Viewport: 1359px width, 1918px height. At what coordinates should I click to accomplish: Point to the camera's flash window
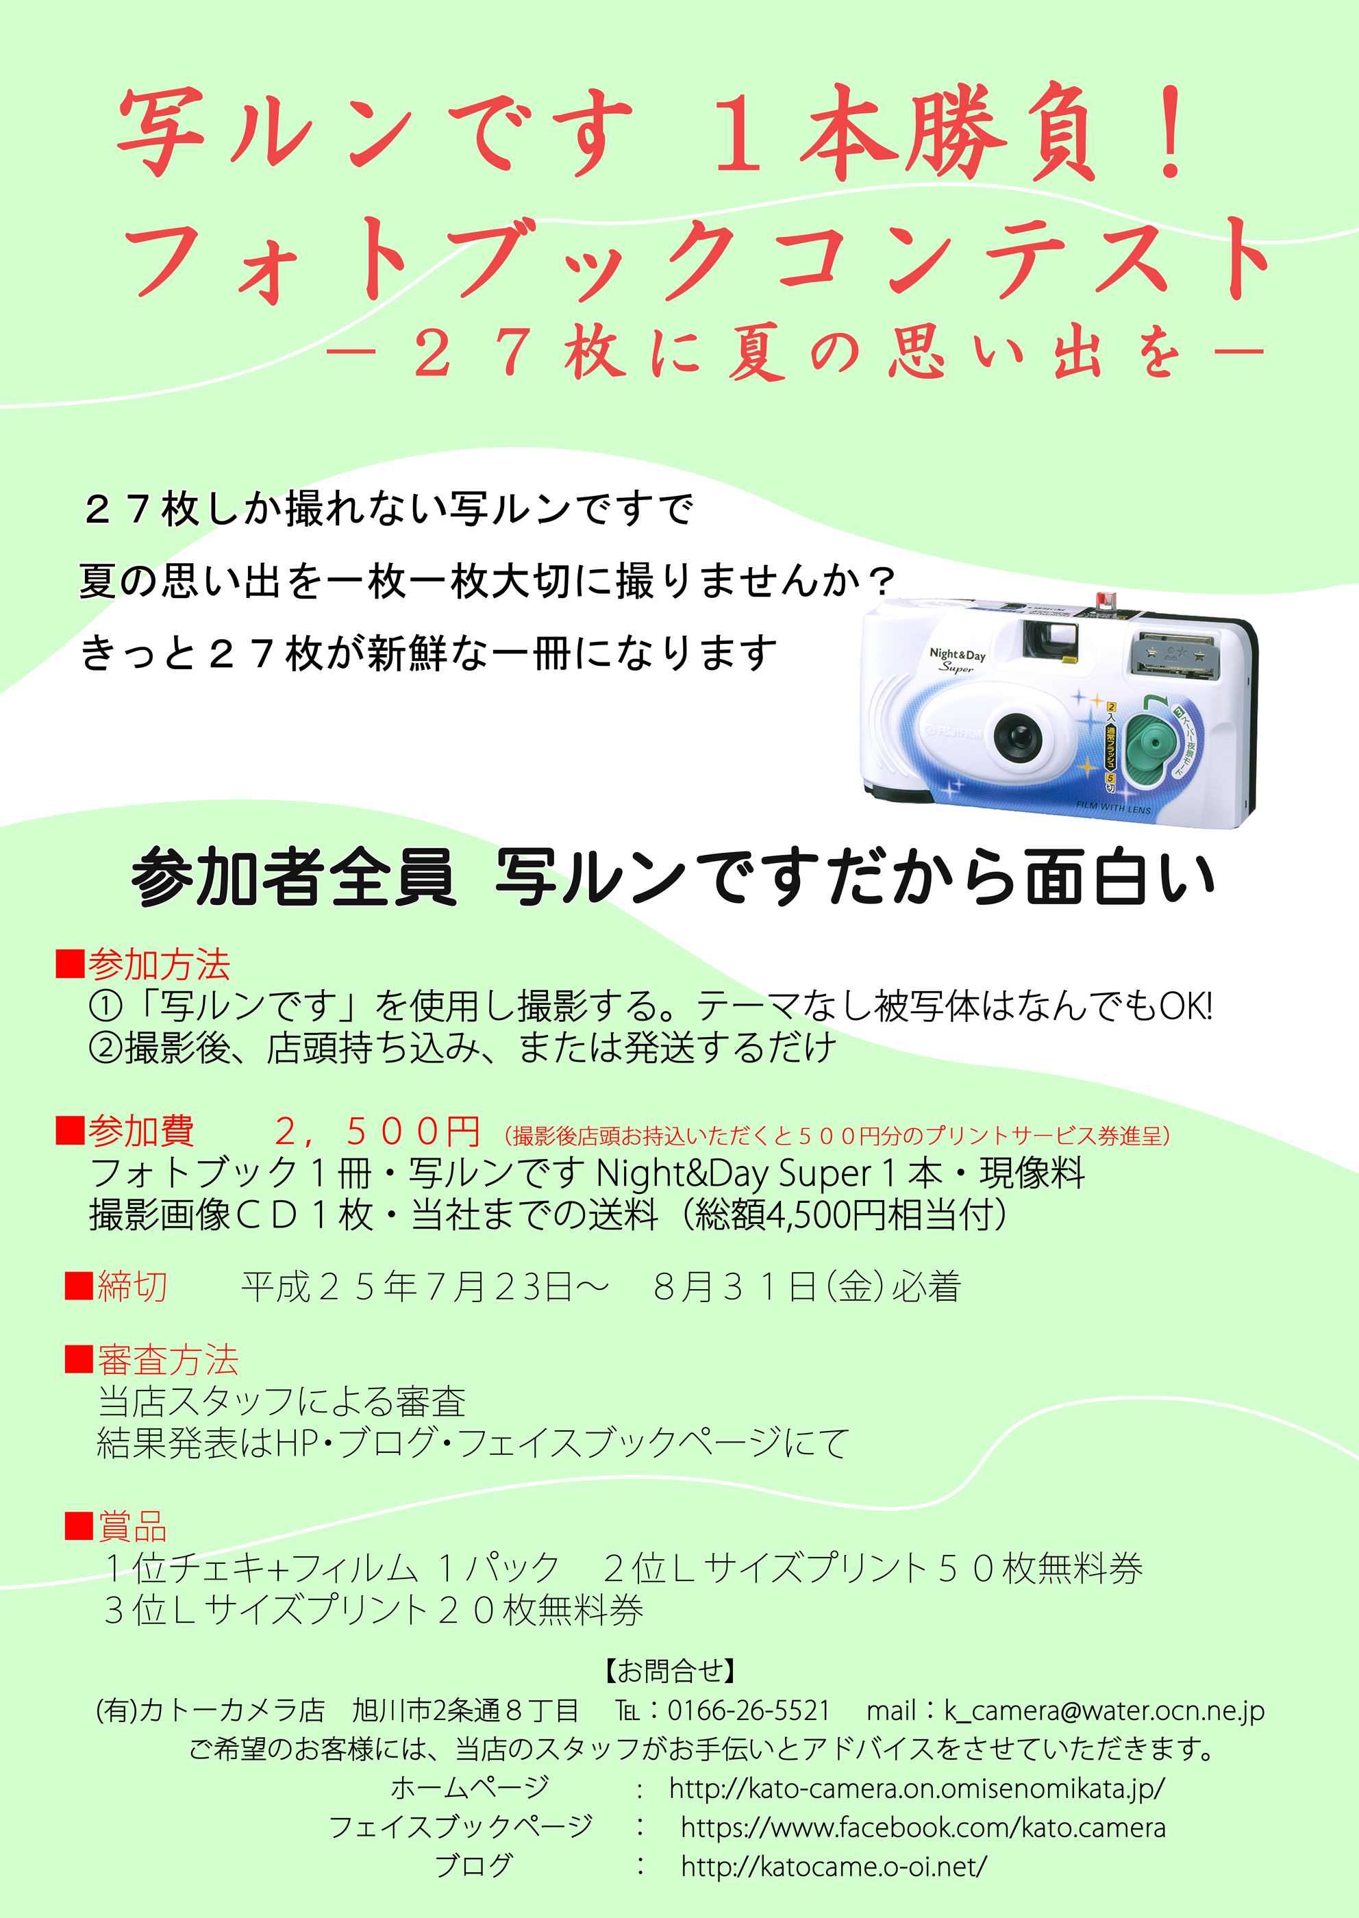[1175, 652]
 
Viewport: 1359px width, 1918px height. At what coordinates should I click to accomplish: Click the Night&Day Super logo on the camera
[958, 660]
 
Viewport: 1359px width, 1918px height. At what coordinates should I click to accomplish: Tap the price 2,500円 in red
[377, 1132]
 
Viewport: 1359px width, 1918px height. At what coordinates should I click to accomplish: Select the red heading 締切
[132, 1286]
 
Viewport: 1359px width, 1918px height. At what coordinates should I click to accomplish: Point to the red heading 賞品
[132, 1525]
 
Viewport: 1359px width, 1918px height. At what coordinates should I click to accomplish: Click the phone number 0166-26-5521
[749, 1710]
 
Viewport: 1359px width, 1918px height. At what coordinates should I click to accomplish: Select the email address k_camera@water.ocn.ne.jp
[1104, 1711]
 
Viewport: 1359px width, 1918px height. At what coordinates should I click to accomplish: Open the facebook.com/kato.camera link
[923, 1828]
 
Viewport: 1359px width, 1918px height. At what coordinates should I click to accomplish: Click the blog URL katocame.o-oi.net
[834, 1866]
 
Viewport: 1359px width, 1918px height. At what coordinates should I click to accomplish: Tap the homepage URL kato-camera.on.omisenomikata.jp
[917, 1789]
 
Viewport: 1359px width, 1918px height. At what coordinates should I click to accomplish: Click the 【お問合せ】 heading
[671, 1671]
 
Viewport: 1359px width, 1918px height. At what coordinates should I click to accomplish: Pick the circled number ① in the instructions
[105, 1006]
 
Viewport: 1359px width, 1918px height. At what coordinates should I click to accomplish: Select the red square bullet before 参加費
[71, 1132]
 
